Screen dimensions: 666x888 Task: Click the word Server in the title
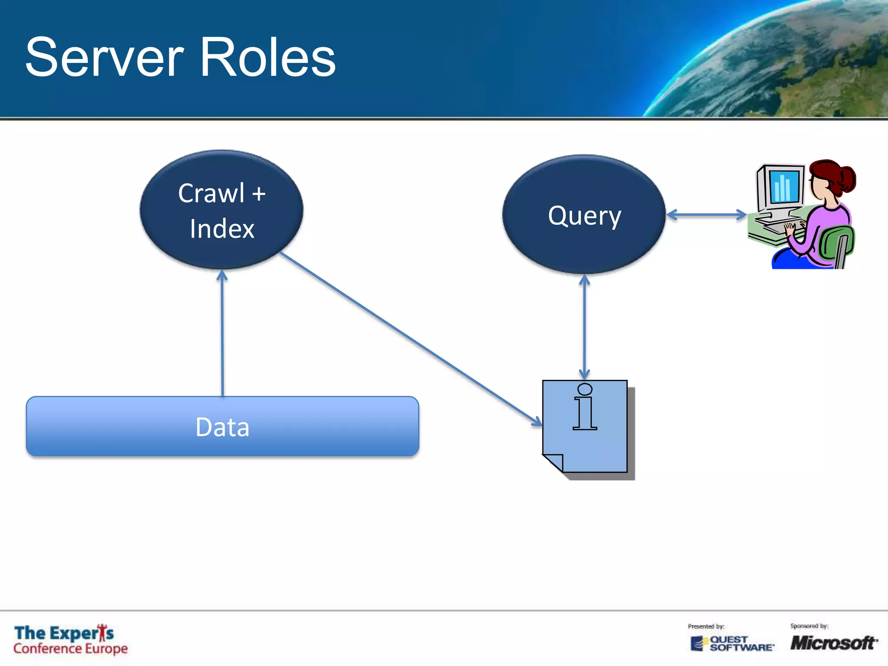104,58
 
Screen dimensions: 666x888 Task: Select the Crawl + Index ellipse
222,210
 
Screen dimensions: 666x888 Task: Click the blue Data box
222,427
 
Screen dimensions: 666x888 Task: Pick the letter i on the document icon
584,408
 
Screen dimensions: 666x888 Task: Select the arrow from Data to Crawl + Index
222,334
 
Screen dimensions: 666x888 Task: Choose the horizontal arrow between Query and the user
706,215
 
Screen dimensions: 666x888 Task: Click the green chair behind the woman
837,245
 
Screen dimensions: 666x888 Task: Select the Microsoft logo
833,643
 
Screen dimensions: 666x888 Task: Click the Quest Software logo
733,643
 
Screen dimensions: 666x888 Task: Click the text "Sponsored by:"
809,626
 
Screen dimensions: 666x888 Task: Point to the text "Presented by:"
706,627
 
